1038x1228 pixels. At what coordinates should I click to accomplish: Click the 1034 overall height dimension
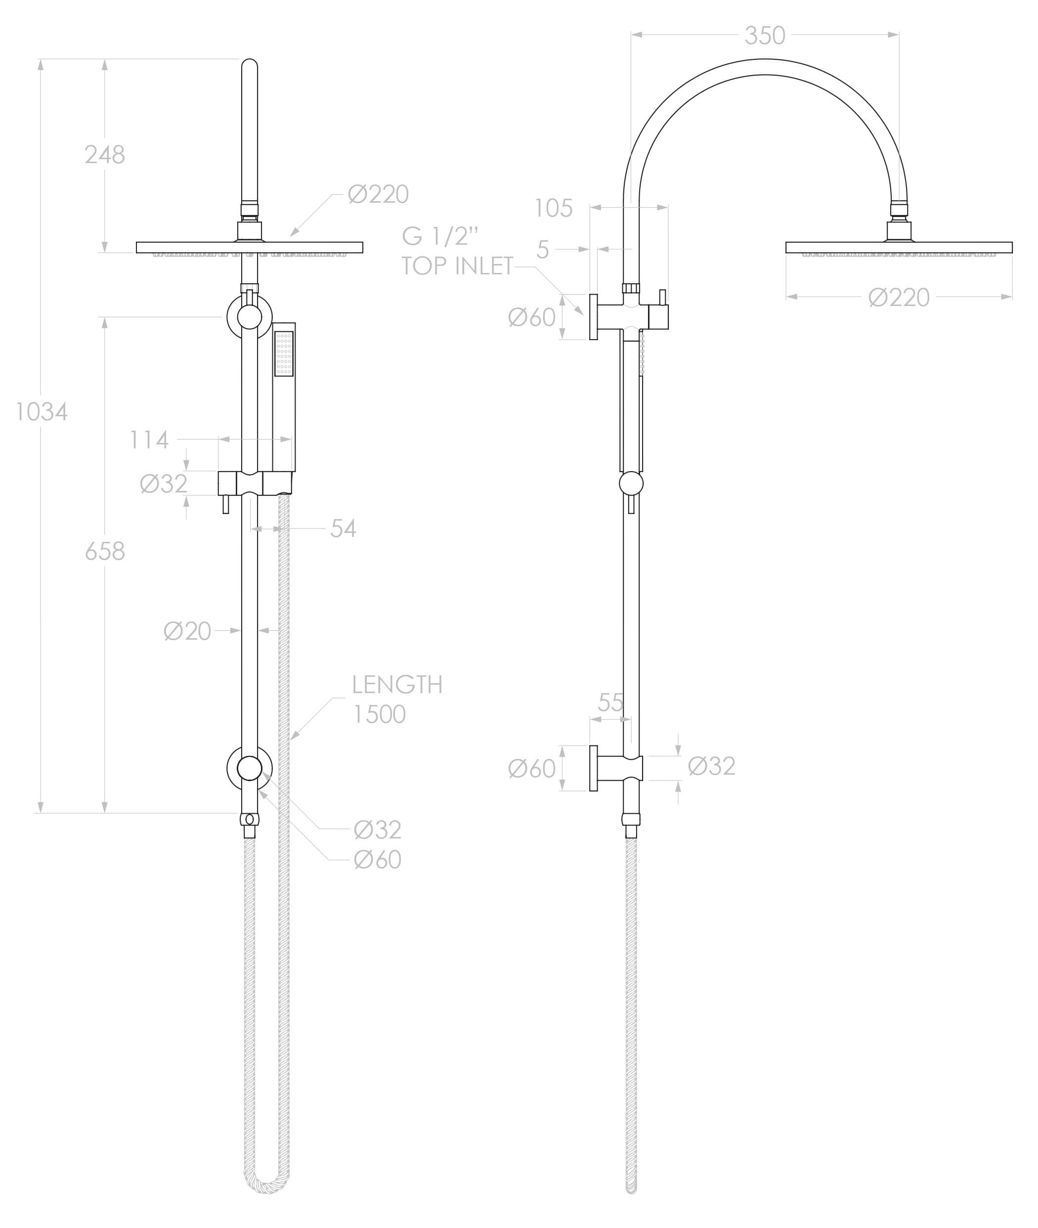[41, 412]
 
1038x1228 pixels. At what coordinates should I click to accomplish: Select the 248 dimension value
[105, 155]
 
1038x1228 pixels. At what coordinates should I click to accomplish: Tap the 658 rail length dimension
[105, 552]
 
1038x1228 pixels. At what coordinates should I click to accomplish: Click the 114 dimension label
[149, 440]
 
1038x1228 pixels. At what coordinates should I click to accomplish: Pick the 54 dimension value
[343, 529]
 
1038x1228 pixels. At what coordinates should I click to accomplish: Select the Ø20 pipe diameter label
[187, 631]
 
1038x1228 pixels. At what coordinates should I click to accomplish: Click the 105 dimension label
[553, 208]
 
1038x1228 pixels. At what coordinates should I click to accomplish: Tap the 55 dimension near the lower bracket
[610, 702]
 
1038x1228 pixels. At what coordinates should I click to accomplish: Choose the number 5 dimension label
[543, 250]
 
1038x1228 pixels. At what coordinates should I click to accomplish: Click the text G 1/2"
[440, 236]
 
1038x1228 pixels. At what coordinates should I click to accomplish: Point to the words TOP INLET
[458, 266]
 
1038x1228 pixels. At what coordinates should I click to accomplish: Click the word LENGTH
[397, 685]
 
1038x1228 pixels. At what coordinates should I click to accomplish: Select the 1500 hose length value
[379, 715]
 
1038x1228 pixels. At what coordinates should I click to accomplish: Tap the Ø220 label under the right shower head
[899, 298]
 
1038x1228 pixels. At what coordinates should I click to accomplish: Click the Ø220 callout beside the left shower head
[378, 195]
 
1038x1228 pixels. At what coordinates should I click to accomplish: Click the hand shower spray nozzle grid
[284, 353]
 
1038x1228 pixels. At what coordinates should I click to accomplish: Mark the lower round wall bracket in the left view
[250, 768]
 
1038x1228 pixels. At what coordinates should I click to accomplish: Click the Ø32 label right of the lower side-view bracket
[711, 767]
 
